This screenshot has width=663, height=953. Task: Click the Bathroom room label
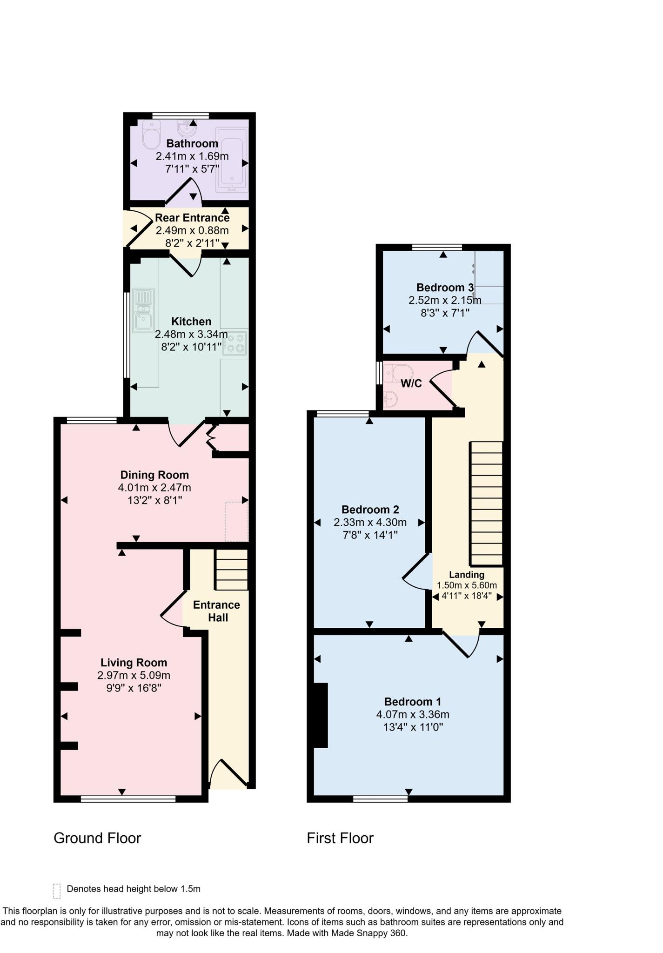[x=192, y=143]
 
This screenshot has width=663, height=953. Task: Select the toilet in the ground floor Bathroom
[x=151, y=134]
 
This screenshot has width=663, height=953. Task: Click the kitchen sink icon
[x=143, y=310]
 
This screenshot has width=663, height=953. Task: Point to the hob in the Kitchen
[x=235, y=343]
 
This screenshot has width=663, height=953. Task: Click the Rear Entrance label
[x=192, y=218]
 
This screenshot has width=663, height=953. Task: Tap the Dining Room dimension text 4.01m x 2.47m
[x=154, y=488]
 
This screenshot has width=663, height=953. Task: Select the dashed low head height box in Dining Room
[x=236, y=521]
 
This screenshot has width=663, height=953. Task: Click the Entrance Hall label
[x=217, y=611]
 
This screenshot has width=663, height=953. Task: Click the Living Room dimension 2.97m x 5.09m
[x=134, y=675]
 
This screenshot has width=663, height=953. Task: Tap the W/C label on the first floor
[x=411, y=383]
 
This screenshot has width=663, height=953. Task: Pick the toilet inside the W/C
[x=401, y=372]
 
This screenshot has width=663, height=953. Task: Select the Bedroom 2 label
[x=370, y=510]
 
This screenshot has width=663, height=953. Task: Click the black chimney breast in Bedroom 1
[x=321, y=715]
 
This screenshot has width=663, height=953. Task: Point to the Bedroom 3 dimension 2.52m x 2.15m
[x=444, y=300]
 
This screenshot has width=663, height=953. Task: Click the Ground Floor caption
[x=97, y=838]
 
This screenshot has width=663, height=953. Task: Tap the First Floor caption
[x=340, y=838]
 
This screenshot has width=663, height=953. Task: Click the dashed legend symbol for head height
[x=57, y=891]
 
